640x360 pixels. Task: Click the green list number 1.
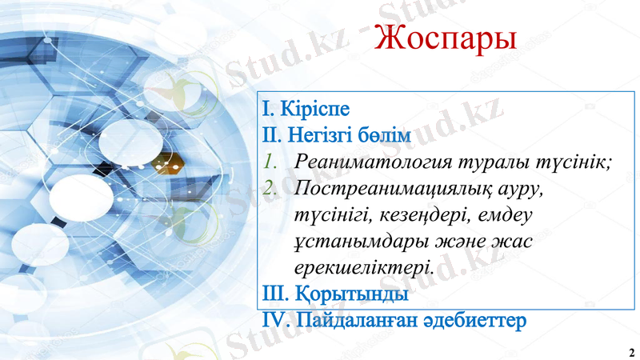(x=271, y=162)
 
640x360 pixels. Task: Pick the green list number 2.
(x=271, y=188)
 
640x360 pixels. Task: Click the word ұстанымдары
(x=355, y=241)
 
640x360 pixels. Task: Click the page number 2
(x=631, y=352)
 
